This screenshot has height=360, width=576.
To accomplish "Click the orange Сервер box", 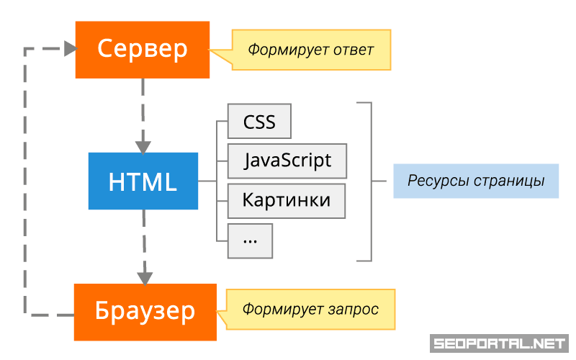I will (x=142, y=49).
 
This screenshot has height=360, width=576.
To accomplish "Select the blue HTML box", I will (x=143, y=181).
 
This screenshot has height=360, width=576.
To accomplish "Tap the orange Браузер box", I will (x=145, y=311).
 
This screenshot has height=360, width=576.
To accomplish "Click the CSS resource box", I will (x=259, y=122).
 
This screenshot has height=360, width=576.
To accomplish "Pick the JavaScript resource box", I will (x=287, y=161).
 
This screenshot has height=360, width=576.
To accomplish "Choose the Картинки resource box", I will (x=287, y=200).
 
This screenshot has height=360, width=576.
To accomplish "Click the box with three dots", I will (x=251, y=240).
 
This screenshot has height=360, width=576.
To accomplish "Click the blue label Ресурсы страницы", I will (x=476, y=181).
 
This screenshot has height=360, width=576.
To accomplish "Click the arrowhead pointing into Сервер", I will (x=70, y=49).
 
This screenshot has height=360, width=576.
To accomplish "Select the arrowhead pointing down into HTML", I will (x=144, y=144).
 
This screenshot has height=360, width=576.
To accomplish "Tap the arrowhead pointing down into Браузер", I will (x=145, y=276).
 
